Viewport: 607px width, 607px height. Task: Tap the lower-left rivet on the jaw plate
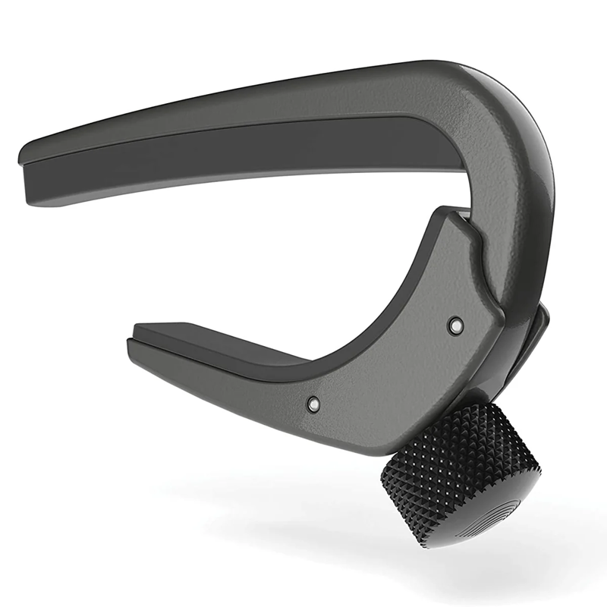[x=312, y=404]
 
